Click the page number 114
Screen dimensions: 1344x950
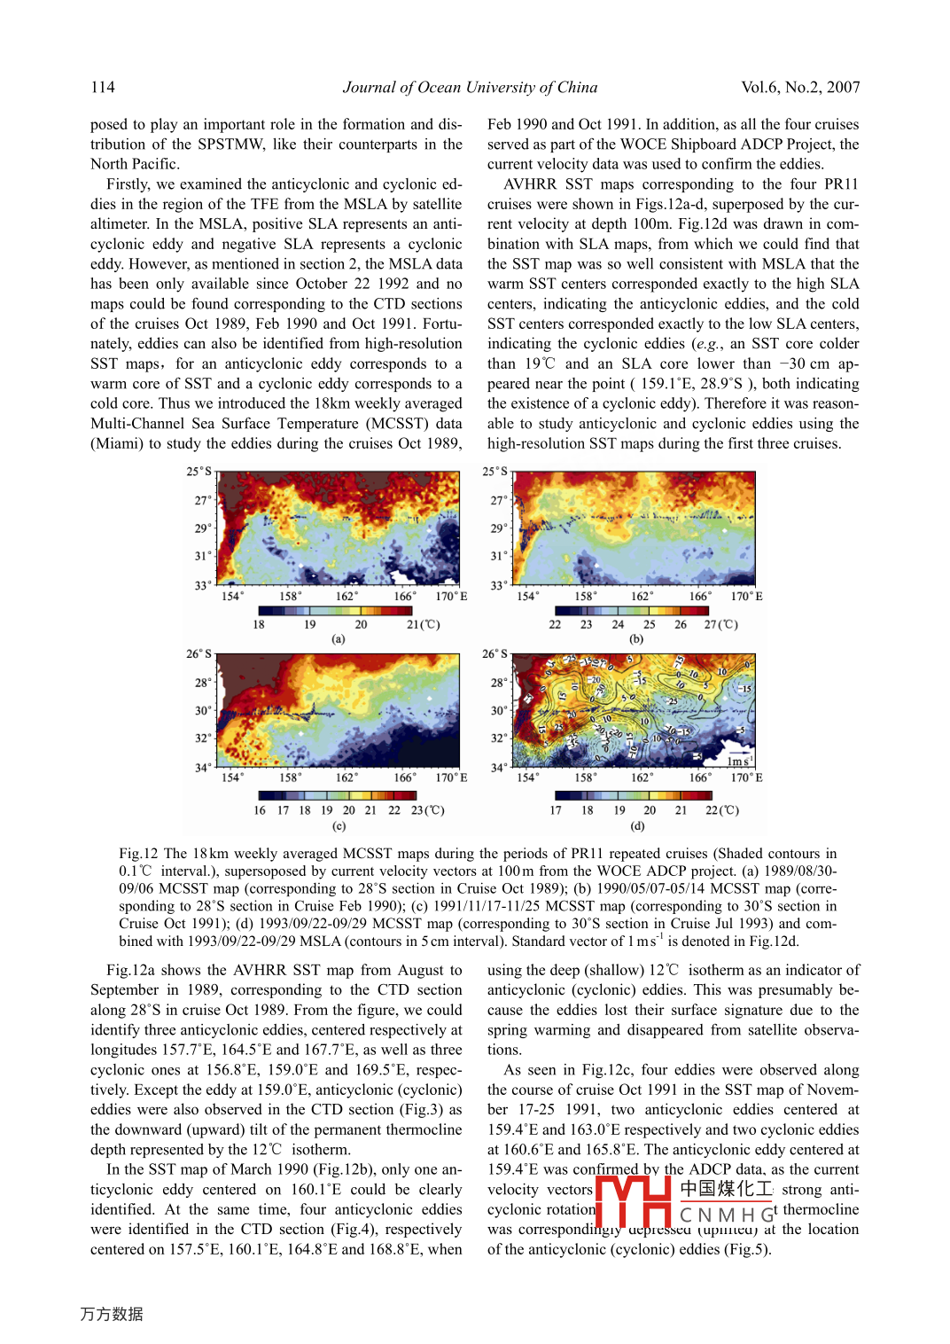point(103,87)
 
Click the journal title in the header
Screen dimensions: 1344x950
point(470,87)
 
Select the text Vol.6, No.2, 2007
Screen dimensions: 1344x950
point(800,87)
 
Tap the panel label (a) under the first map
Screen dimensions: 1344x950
point(339,638)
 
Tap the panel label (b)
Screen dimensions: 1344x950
point(636,638)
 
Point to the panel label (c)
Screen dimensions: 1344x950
point(339,825)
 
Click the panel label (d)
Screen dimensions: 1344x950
point(637,825)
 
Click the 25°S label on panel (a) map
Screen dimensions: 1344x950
point(199,472)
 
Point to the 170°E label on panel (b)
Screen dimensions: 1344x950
point(746,597)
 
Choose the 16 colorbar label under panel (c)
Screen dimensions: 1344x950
point(260,810)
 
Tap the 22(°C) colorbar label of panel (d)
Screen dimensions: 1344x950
point(721,810)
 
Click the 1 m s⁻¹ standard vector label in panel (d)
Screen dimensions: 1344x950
point(738,762)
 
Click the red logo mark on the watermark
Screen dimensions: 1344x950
point(633,1201)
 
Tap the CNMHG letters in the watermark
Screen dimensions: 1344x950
point(727,1215)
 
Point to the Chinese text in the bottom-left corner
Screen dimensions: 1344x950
point(112,1314)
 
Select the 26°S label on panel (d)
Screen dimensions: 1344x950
point(494,654)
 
